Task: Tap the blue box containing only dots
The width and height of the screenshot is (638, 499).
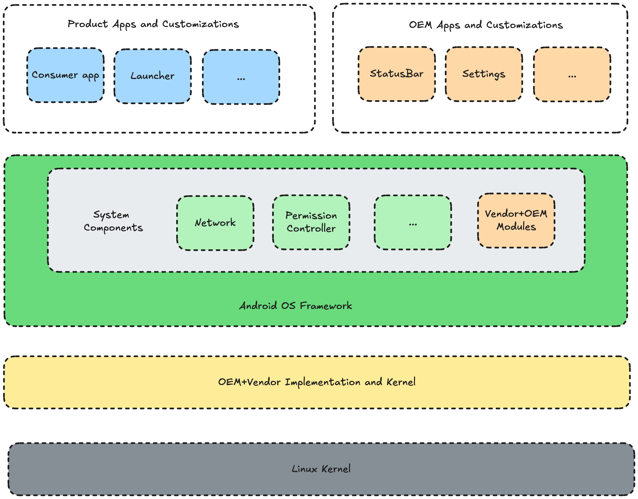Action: [241, 77]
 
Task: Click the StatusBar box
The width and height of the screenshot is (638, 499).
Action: [397, 74]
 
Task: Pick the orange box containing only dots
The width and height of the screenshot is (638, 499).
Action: [572, 74]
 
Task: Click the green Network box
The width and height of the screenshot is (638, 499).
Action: [215, 223]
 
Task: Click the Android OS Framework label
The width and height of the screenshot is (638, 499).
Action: [296, 306]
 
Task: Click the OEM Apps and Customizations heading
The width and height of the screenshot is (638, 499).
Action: [486, 25]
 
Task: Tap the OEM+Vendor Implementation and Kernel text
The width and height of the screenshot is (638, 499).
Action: [317, 382]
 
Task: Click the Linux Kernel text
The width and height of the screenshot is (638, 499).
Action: [321, 469]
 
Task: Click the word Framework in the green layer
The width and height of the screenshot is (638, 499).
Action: [326, 306]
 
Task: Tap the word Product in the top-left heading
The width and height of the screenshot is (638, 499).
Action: [88, 24]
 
